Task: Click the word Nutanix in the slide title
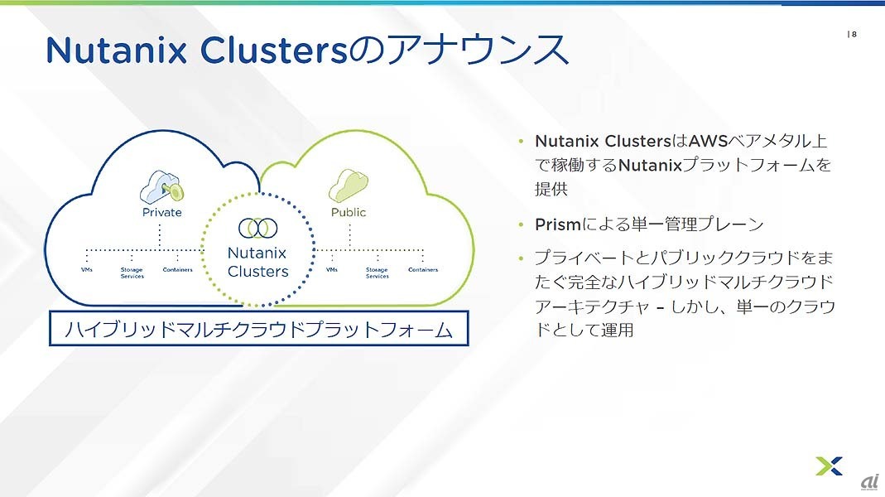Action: click(116, 50)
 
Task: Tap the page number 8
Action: click(854, 35)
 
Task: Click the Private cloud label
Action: click(162, 212)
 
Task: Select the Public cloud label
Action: click(349, 212)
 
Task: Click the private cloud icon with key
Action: click(162, 187)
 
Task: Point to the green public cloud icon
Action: click(349, 186)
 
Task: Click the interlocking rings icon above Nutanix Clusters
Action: click(258, 228)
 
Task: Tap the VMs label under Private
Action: click(87, 270)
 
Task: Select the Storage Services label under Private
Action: click(132, 273)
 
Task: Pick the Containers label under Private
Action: click(178, 270)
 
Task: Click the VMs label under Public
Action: click(332, 270)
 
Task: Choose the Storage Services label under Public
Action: click(377, 273)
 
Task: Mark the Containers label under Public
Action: click(423, 270)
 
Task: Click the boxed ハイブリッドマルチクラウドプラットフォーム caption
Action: click(259, 328)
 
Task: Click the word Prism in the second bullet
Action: click(558, 224)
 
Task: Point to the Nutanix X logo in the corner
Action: click(830, 466)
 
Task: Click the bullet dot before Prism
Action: click(521, 224)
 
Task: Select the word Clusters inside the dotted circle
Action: click(258, 272)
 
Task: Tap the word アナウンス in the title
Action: click(478, 49)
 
